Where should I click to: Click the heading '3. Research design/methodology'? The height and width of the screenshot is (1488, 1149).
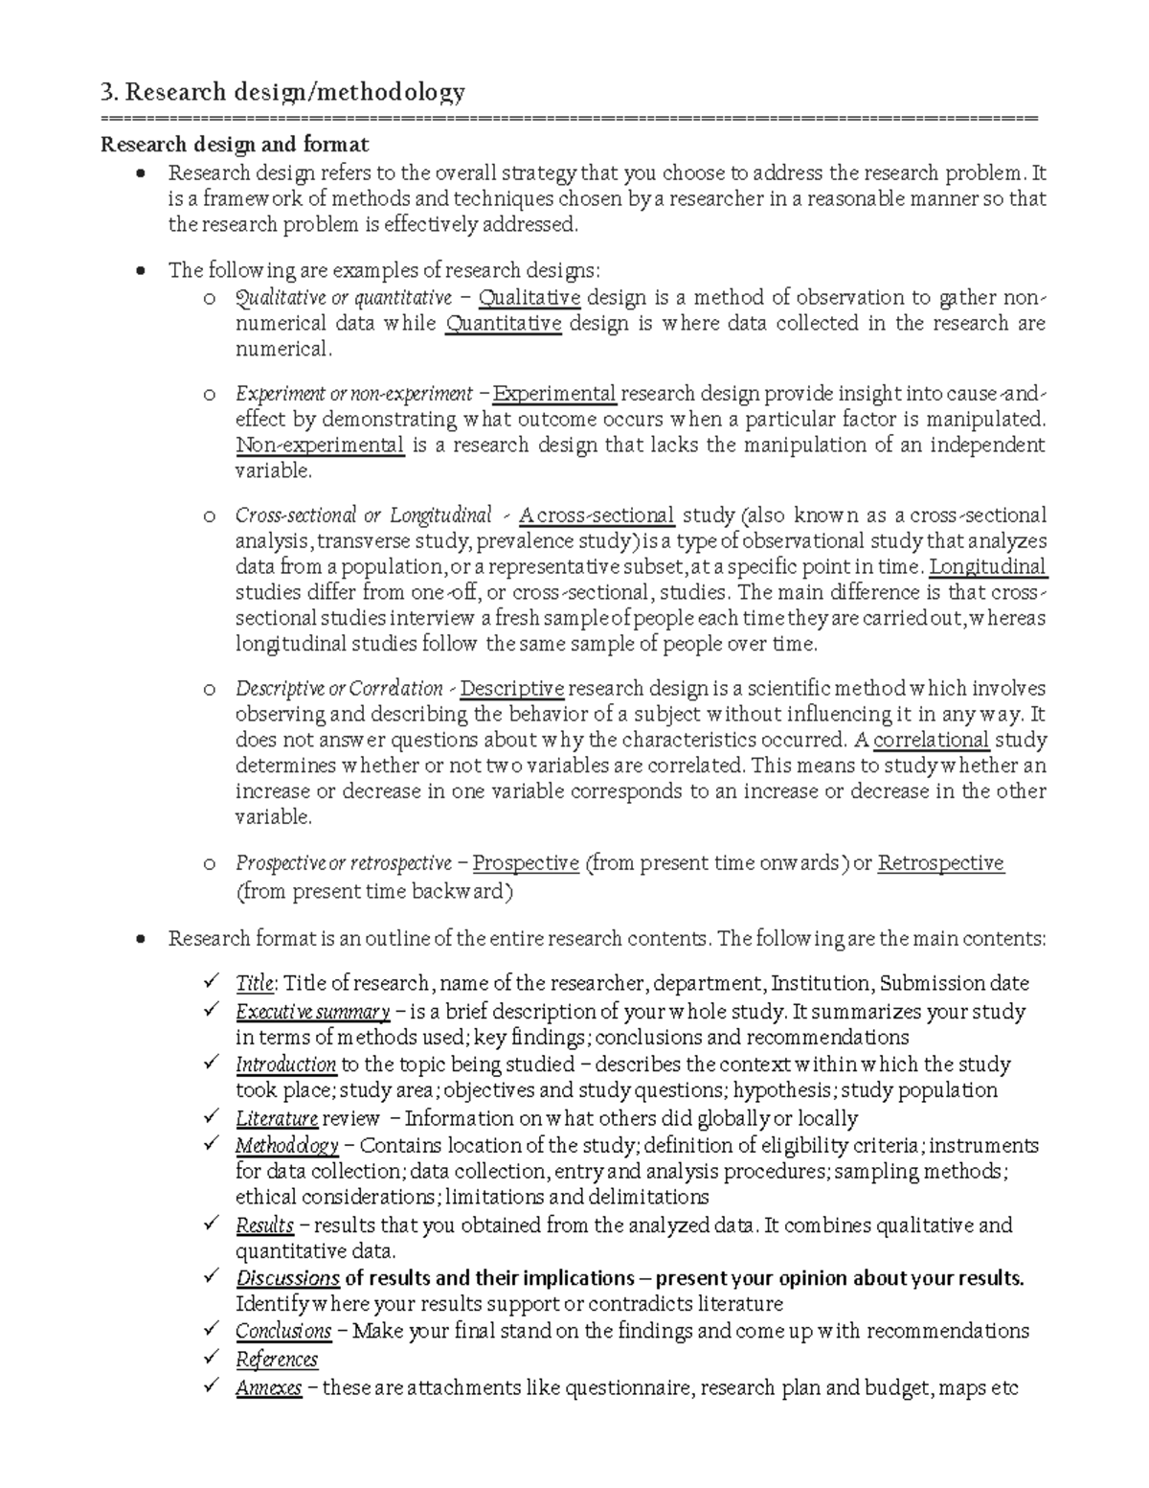pyautogui.click(x=283, y=92)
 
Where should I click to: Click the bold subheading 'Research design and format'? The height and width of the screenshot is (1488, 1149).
pyautogui.click(x=235, y=146)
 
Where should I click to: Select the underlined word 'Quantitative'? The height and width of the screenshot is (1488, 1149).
pyautogui.click(x=504, y=324)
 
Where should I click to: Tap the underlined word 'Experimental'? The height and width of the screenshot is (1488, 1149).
pyautogui.click(x=554, y=394)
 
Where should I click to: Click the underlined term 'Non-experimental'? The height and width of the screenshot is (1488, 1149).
pyautogui.click(x=320, y=446)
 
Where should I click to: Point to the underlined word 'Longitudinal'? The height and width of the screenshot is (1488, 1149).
pyautogui.click(x=988, y=567)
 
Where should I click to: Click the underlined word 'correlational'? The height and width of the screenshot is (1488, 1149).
pyautogui.click(x=932, y=741)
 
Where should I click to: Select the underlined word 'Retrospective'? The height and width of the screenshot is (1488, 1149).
pyautogui.click(x=940, y=863)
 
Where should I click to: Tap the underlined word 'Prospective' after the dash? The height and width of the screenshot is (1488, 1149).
pyautogui.click(x=526, y=863)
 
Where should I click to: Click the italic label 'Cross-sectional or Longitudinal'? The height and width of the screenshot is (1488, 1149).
pyautogui.click(x=363, y=515)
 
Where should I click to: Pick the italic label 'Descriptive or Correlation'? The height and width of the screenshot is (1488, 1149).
pyautogui.click(x=339, y=689)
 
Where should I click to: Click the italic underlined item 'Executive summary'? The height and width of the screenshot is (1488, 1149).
pyautogui.click(x=312, y=1013)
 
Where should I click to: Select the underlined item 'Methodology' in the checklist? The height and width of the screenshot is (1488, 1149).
pyautogui.click(x=287, y=1146)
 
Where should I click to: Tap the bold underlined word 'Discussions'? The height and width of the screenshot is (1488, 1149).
pyautogui.click(x=288, y=1278)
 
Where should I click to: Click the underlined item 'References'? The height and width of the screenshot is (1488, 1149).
pyautogui.click(x=277, y=1360)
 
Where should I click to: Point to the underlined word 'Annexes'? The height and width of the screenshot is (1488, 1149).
pyautogui.click(x=269, y=1388)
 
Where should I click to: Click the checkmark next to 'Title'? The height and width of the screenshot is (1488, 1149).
pyautogui.click(x=211, y=982)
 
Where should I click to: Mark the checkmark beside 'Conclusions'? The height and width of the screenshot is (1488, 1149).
pyautogui.click(x=211, y=1330)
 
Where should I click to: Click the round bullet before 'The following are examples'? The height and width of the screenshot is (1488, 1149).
pyautogui.click(x=142, y=271)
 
